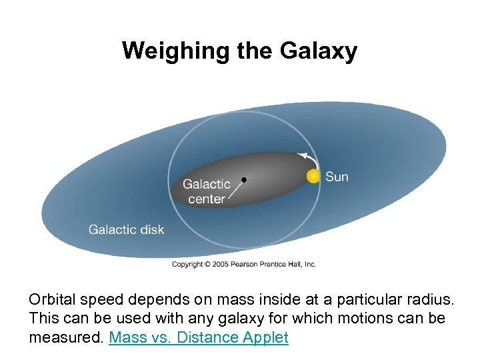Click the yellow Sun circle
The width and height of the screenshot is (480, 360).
pyautogui.click(x=313, y=177)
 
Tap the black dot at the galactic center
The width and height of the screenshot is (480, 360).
pyautogui.click(x=244, y=179)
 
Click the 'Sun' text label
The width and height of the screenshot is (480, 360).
pyautogui.click(x=337, y=177)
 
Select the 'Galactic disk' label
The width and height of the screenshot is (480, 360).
pyautogui.click(x=126, y=229)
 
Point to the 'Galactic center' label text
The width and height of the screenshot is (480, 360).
pyautogui.click(x=207, y=191)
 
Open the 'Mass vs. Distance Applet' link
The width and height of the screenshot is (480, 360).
pyautogui.click(x=198, y=337)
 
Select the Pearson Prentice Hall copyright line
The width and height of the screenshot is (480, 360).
pyautogui.click(x=244, y=264)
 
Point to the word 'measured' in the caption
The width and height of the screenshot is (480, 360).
pyautogui.click(x=66, y=337)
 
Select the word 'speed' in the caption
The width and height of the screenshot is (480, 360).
pyautogui.click(x=107, y=300)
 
